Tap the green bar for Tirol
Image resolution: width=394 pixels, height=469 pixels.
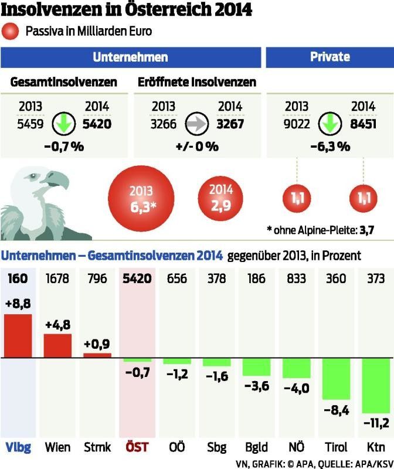pyautogui.click(x=336, y=378)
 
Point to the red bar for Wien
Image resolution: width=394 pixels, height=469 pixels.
pyautogui.click(x=57, y=346)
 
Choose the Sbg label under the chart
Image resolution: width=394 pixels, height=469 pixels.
pyautogui.click(x=217, y=447)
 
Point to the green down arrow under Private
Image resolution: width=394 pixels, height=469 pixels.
pyautogui.click(x=331, y=124)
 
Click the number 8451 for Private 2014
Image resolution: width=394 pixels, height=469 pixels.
pyautogui.click(x=362, y=124)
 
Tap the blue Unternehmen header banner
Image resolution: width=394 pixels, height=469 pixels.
pyautogui.click(x=130, y=57)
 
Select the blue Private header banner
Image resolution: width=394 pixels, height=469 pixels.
pyautogui.click(x=330, y=57)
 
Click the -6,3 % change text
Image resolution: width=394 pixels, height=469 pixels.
pyautogui.click(x=330, y=147)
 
